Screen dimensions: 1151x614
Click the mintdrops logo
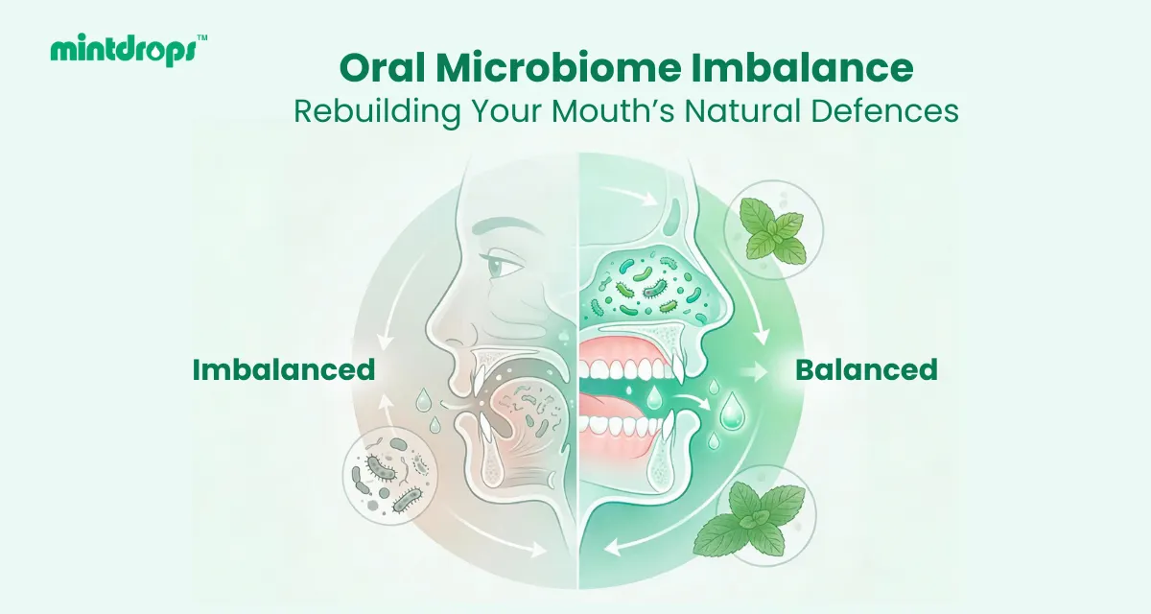(x=129, y=50)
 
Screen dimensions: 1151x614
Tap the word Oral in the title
(x=383, y=67)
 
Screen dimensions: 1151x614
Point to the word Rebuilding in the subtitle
(x=377, y=111)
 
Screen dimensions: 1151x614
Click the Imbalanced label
(x=284, y=370)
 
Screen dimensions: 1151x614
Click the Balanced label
(x=866, y=370)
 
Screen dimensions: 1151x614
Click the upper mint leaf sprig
(x=772, y=230)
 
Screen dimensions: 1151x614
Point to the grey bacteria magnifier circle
(x=390, y=477)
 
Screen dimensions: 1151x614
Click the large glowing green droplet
(x=732, y=411)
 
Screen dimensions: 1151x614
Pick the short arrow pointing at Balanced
(x=754, y=372)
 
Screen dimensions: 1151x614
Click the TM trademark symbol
(x=202, y=37)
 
